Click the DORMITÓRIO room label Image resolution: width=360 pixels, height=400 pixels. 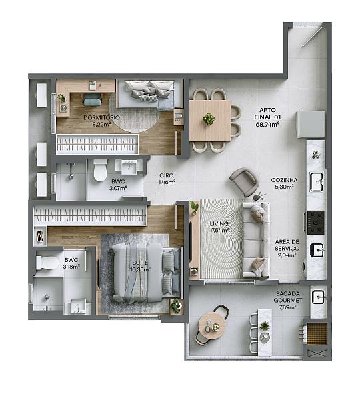pyautogui.click(x=101, y=117)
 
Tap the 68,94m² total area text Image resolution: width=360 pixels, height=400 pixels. pyautogui.click(x=267, y=125)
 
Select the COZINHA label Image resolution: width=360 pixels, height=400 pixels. pyautogui.click(x=284, y=180)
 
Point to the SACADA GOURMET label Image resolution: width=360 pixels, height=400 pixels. pyautogui.click(x=288, y=297)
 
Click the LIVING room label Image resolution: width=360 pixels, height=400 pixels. pyautogui.click(x=219, y=224)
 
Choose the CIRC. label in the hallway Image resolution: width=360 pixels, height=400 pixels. pyautogui.click(x=167, y=175)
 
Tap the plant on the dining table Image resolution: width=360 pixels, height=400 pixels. pyautogui.click(x=209, y=119)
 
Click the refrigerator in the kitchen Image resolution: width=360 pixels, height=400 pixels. pyautogui.click(x=311, y=124)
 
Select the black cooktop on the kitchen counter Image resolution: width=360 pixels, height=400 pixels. pyautogui.click(x=315, y=223)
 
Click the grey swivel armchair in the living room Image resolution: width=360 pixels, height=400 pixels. pyautogui.click(x=244, y=182)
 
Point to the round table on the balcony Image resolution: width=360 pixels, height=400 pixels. pyautogui.click(x=213, y=325)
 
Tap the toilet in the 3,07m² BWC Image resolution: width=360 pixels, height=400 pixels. pyautogui.click(x=100, y=170)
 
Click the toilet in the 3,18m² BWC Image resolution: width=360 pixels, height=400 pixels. pyautogui.click(x=47, y=263)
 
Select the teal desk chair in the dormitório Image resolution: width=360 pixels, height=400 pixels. pyautogui.click(x=92, y=99)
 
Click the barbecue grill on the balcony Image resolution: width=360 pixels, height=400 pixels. pyautogui.click(x=317, y=334)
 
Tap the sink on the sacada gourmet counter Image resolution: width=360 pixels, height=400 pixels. pyautogui.click(x=318, y=297)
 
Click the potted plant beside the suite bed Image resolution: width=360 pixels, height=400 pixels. pyautogui.click(x=176, y=306)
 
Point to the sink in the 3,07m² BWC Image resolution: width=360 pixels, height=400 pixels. pyautogui.click(x=129, y=167)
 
